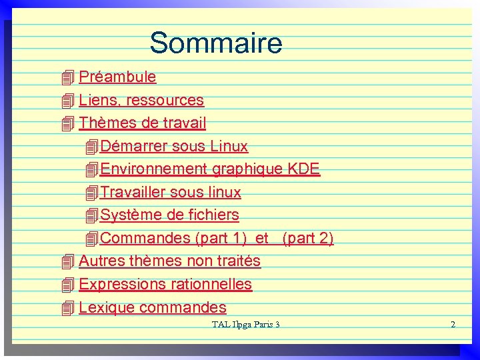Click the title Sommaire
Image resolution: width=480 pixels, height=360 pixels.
216,43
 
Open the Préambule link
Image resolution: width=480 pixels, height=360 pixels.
117,77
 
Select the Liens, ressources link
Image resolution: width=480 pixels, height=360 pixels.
141,100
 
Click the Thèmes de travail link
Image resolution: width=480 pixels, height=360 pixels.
143,123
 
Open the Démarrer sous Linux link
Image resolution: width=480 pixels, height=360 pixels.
173,146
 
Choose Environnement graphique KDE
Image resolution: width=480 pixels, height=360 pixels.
209,169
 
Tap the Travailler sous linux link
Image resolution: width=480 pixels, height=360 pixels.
170,193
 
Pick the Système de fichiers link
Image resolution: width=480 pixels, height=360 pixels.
169,215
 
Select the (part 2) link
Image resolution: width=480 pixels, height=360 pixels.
308,238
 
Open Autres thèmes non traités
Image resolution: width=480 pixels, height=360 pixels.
169,261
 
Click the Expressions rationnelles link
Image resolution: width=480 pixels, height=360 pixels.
165,284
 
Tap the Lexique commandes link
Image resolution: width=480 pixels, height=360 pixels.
153,307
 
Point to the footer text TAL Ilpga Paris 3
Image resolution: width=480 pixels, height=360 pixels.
245,325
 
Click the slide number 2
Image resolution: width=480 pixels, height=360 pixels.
453,325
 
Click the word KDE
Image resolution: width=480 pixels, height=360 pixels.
303,169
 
